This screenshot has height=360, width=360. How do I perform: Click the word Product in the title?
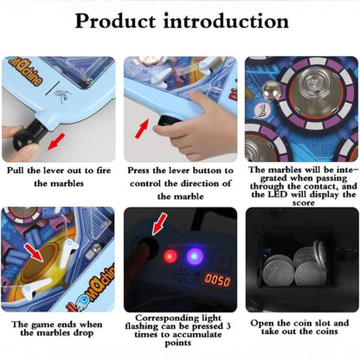click(116, 22)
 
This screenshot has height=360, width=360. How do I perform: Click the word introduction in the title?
click(227, 21)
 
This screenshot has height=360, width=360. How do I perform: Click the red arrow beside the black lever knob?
click(56, 142)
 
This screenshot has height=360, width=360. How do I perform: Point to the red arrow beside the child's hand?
click(142, 129)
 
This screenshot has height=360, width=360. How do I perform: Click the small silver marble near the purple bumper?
click(270, 90)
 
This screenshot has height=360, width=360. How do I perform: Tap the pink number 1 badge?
click(262, 111)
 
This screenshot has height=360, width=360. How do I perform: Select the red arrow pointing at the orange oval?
click(34, 252)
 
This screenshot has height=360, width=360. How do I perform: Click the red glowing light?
click(170, 256)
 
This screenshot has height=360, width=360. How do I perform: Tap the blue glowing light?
click(194, 256)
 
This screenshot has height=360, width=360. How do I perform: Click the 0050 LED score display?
click(217, 280)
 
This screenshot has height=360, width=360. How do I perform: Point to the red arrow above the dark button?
click(159, 223)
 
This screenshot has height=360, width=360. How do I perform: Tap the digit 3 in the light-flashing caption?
click(228, 326)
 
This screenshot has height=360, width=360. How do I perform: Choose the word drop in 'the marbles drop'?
click(82, 333)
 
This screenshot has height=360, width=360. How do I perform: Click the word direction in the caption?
click(202, 183)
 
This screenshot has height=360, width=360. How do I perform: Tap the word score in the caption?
click(303, 202)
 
